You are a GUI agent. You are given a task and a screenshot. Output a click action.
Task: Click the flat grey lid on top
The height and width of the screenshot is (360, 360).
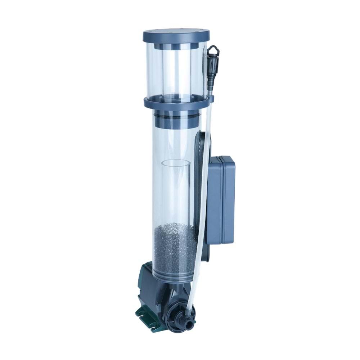(x=176, y=36)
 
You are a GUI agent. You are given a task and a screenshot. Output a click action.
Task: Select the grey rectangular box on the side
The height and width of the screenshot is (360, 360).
(x=222, y=200)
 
